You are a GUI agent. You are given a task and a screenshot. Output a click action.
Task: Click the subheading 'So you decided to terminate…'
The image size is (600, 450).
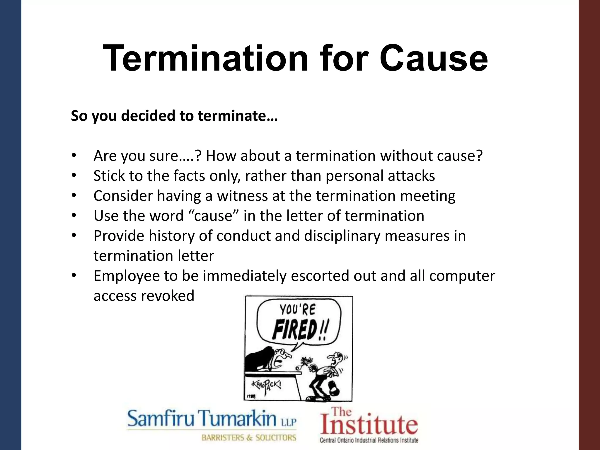174,116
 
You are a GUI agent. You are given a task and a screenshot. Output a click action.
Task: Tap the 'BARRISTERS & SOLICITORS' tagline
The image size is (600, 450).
249,438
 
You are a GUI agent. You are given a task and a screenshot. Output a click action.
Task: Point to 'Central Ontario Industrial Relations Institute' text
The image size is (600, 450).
369,440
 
